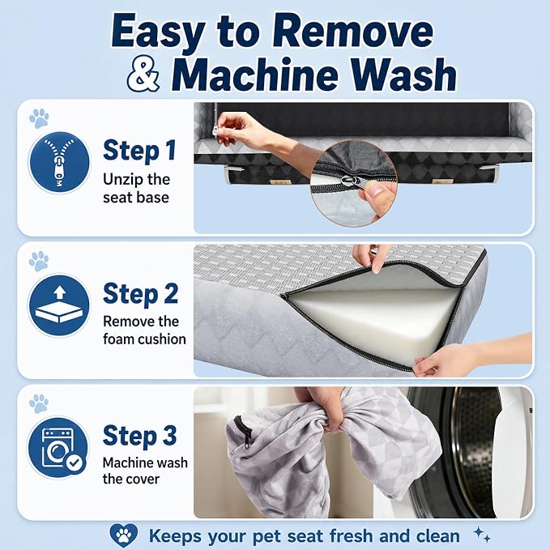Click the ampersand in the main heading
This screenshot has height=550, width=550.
[143, 75]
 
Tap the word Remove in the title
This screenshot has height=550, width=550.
[353, 32]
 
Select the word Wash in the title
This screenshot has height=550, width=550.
[403, 75]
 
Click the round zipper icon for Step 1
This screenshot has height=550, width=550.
[59, 162]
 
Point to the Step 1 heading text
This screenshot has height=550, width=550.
[139, 151]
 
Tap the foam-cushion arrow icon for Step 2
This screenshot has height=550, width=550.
[59, 305]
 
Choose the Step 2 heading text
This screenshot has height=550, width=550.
[140, 293]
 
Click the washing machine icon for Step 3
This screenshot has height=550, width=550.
[59, 447]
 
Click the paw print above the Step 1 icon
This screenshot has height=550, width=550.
[39, 118]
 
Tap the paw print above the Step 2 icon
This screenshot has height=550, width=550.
[39, 261]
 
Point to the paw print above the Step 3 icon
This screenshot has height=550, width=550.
[39, 403]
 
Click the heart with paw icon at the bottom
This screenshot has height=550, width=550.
[123, 535]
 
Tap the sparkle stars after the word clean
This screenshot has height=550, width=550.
[482, 535]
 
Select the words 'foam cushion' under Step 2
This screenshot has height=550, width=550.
[144, 339]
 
